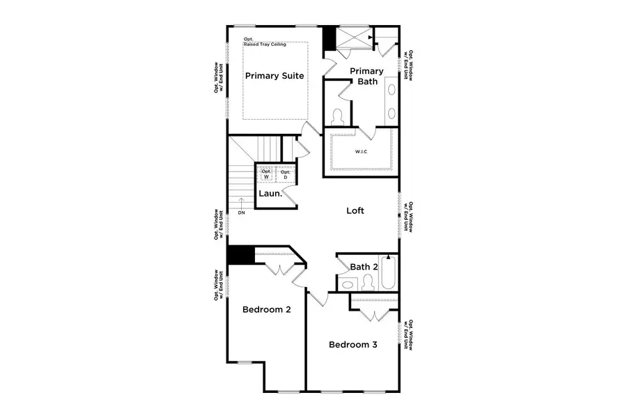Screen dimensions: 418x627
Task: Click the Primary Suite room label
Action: coord(274,76)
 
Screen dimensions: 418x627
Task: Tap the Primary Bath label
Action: coord(366,76)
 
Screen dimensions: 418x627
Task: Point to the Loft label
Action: coord(356,210)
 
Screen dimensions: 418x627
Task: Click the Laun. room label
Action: coord(270,194)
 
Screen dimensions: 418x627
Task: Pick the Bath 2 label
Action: coord(364,267)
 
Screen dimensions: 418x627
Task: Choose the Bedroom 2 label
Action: coord(265,309)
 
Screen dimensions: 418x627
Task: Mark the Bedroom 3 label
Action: coord(353,345)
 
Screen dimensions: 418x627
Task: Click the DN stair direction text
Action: coord(241,212)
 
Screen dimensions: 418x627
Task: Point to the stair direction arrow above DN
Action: coord(241,203)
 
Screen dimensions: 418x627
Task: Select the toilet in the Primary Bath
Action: coord(338,116)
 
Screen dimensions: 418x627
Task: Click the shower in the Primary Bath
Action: coord(353,38)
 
